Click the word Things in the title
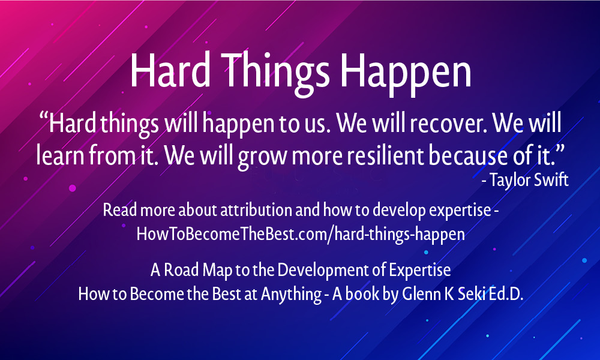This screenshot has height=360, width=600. click(275, 72)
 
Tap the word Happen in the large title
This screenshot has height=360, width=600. click(406, 73)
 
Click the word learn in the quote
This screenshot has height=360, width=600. click(59, 155)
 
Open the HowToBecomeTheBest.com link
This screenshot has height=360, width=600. click(301, 234)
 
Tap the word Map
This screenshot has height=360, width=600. click(217, 271)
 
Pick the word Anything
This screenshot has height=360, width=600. click(291, 295)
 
